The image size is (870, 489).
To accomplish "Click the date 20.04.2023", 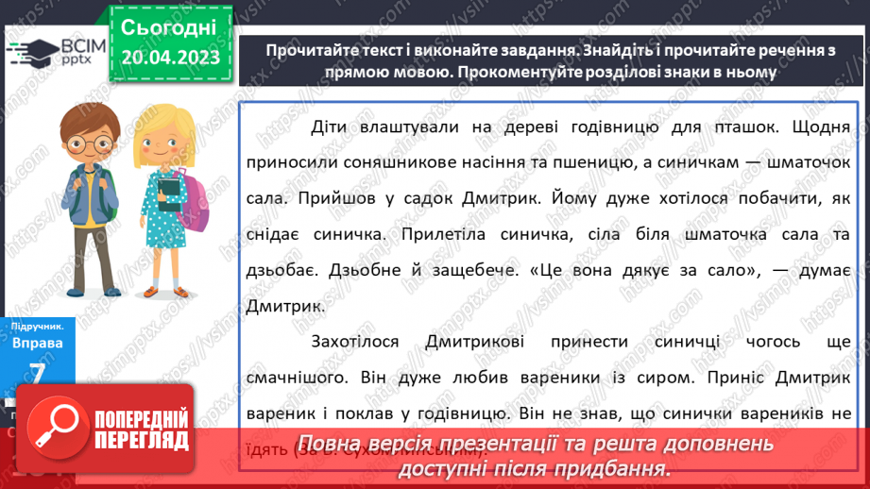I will click(170, 57).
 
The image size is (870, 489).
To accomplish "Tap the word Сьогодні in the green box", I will click(170, 25).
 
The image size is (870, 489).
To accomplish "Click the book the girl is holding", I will click(169, 192).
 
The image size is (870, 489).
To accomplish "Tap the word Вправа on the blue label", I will click(38, 344).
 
